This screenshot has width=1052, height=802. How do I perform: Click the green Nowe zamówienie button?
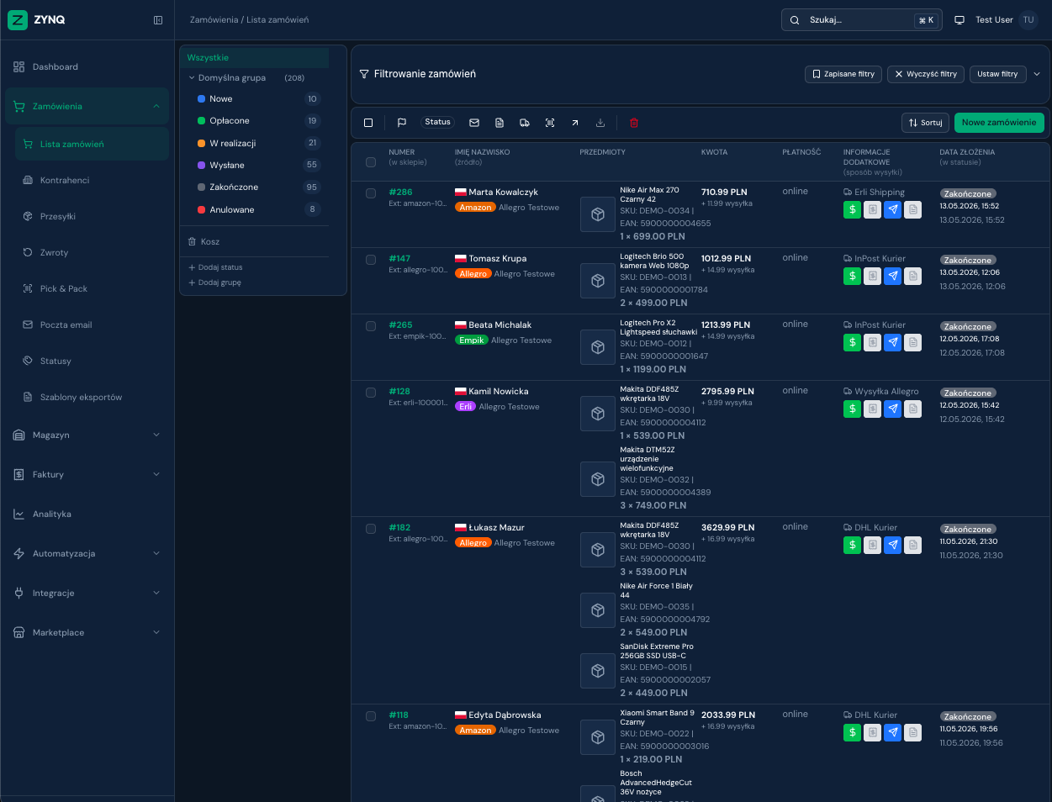click(x=999, y=123)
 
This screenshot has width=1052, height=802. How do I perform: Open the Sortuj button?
click(x=925, y=123)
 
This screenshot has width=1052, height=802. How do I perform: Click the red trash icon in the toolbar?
click(x=633, y=123)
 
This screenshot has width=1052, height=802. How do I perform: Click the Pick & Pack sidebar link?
click(x=63, y=288)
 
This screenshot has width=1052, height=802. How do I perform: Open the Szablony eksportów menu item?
click(x=81, y=397)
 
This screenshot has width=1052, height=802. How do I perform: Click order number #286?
click(x=400, y=193)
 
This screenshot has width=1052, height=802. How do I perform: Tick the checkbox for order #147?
click(x=371, y=260)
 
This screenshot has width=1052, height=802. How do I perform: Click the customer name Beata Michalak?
click(x=500, y=324)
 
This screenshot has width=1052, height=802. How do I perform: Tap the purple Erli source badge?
click(x=465, y=406)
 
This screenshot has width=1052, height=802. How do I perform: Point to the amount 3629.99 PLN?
click(x=727, y=527)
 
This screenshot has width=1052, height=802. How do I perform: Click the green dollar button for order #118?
click(x=852, y=732)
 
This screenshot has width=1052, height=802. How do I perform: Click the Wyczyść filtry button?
click(x=926, y=74)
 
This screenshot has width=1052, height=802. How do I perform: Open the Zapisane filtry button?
click(x=843, y=74)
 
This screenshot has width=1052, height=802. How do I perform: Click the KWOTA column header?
click(x=714, y=152)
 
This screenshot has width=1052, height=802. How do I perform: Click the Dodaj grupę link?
click(x=214, y=282)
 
